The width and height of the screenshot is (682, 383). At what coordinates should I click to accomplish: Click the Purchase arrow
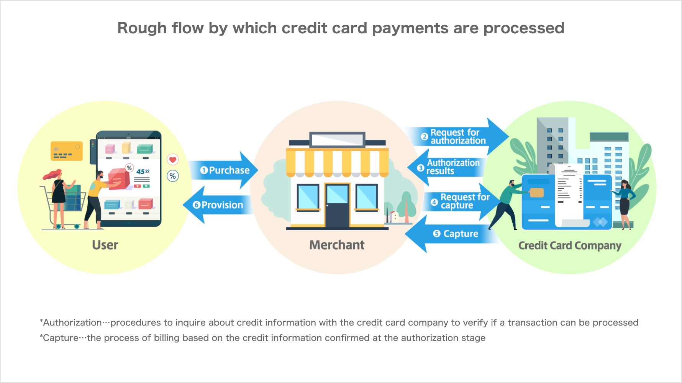pos(224,170)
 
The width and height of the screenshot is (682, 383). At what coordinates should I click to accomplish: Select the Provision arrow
pos(218,205)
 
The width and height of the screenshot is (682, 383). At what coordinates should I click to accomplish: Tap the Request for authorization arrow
pos(456,137)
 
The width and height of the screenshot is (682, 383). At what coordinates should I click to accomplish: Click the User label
pos(105,245)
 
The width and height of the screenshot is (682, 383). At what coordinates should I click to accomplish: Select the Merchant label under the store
pos(337,245)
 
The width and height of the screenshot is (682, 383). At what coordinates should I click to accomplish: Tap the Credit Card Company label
pos(570,246)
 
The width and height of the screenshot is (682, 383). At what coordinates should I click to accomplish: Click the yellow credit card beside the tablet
pos(67,151)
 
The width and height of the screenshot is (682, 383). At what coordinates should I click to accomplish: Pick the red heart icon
pos(173,159)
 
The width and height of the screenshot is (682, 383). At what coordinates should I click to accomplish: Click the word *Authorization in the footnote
pos(71,322)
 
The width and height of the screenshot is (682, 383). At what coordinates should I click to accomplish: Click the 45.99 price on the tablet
pos(143,172)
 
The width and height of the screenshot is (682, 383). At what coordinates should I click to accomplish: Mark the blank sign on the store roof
pos(337,140)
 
